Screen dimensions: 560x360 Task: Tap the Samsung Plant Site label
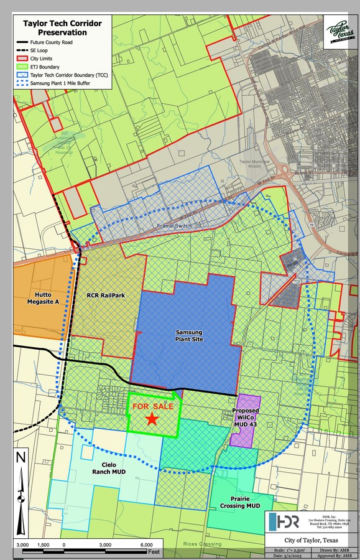188,336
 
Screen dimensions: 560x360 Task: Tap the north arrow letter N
22,457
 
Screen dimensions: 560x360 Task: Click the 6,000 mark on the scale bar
147,545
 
